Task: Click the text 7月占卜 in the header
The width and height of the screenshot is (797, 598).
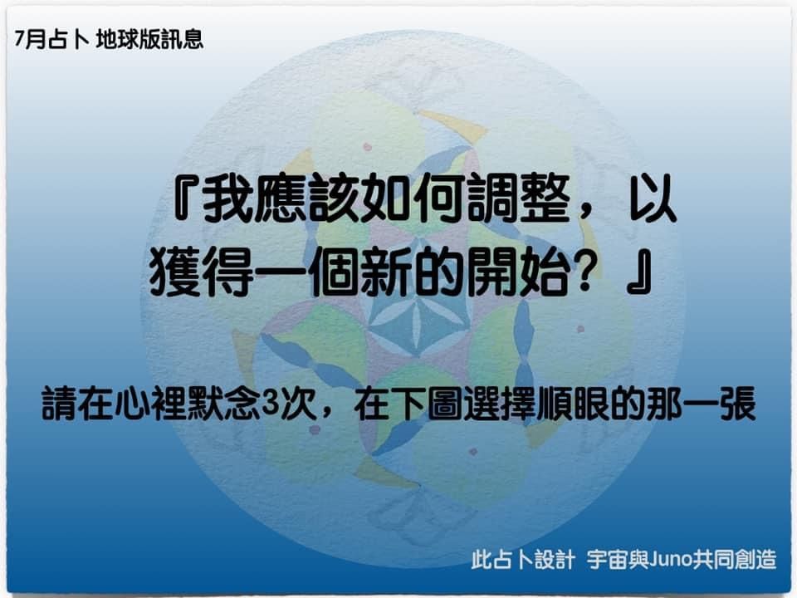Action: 51,40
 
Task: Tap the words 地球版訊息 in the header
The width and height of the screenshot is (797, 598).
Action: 149,40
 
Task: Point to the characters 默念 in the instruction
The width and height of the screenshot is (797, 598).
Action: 224,404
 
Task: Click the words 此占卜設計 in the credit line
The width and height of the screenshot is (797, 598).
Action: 523,559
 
